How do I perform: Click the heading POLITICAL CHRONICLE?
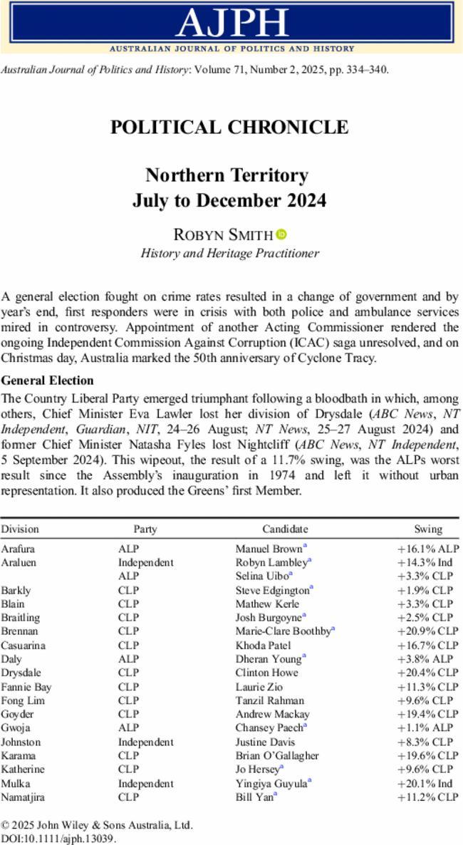pyautogui.click(x=229, y=128)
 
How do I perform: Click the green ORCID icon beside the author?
pyautogui.click(x=281, y=234)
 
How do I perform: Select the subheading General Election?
pyautogui.click(x=47, y=380)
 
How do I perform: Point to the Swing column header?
pyautogui.click(x=428, y=529)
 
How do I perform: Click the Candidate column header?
pyautogui.click(x=285, y=529)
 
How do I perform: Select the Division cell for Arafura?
pyautogui.click(x=18, y=549)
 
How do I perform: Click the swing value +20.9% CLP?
pyautogui.click(x=428, y=631)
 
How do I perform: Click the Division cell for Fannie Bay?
pyautogui.click(x=26, y=687)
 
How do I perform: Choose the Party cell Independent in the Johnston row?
pyautogui.click(x=145, y=742)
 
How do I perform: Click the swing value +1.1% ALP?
pyautogui.click(x=428, y=728)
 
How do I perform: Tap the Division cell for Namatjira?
pyautogui.click(x=22, y=797)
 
